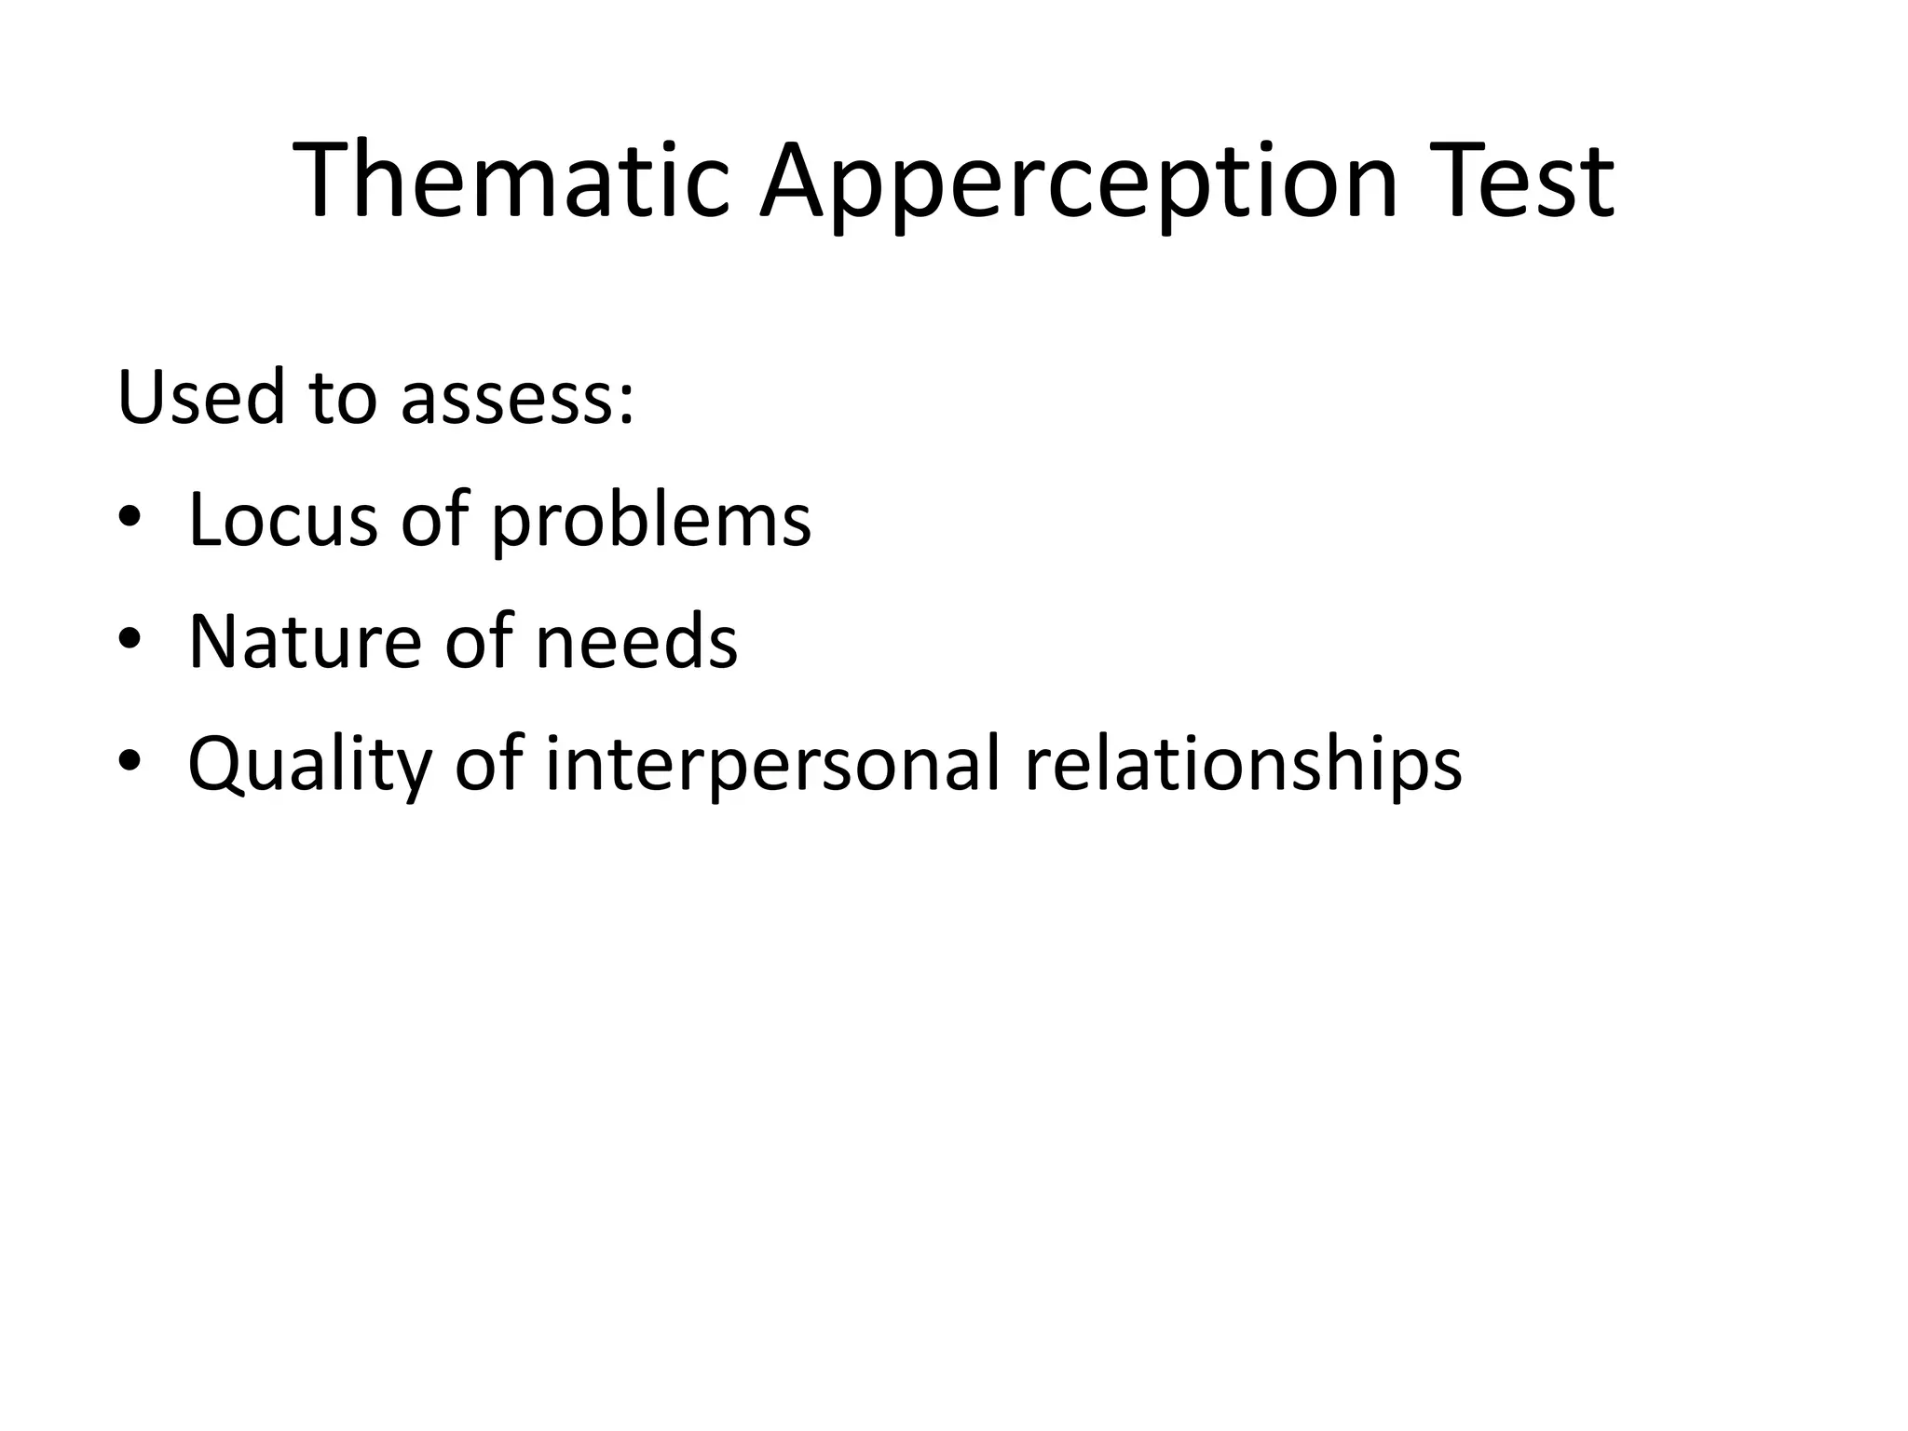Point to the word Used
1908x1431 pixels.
200,398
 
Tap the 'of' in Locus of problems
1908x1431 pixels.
434,519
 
